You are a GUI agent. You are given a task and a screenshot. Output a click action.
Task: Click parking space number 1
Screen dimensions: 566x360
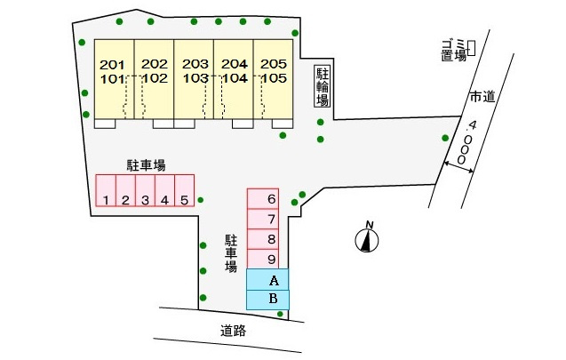pos(106,190)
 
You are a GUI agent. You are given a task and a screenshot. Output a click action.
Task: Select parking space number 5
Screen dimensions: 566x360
pos(185,190)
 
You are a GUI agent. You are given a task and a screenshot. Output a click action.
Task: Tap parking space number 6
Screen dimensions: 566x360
pos(263,198)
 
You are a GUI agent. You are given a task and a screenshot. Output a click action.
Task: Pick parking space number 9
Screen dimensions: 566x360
pos(263,259)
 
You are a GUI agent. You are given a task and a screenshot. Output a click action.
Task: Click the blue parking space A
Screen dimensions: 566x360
pos(267,279)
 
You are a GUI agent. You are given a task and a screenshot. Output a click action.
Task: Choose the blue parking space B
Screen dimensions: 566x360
pos(267,300)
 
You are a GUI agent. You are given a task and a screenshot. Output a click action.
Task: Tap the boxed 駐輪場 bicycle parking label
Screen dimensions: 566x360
pos(323,86)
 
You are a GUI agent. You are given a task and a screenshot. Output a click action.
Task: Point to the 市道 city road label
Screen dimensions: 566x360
pos(482,97)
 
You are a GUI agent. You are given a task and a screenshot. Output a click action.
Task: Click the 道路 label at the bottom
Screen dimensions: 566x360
pos(233,331)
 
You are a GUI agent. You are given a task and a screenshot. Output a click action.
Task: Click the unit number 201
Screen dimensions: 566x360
pos(112,65)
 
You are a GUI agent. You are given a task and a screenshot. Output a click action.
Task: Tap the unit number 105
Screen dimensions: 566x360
pos(274,78)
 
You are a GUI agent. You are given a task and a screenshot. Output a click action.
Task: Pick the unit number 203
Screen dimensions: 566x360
pos(195,64)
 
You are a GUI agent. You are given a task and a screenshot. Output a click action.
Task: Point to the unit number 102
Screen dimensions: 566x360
pos(155,78)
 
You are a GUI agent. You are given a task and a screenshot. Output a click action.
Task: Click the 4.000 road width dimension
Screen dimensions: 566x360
pos(466,143)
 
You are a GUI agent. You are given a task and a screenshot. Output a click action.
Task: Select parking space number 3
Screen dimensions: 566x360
pos(145,190)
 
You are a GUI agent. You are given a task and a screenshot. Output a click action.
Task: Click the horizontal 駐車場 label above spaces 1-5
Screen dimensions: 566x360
pos(146,165)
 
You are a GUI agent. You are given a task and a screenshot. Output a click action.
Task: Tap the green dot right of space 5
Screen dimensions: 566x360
pos(201,200)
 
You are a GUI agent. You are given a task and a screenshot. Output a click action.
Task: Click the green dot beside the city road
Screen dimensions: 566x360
pos(445,138)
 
